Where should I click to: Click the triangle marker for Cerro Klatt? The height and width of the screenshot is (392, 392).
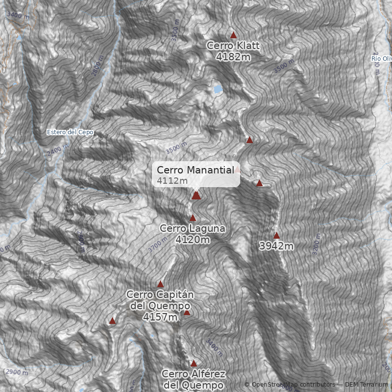tap(233, 35)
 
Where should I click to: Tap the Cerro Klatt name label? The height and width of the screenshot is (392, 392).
tap(233, 46)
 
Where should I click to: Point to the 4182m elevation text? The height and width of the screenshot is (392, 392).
tap(233, 56)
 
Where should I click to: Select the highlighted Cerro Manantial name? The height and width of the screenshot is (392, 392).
tap(195, 170)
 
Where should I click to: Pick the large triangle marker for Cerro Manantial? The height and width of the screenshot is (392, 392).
tap(196, 196)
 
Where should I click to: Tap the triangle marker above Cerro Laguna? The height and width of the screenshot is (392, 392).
tap(193, 218)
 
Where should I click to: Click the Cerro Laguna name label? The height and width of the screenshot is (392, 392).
tap(193, 228)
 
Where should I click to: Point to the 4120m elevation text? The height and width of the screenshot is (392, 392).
tap(193, 240)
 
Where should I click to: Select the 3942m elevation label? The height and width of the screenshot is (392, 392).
tap(276, 246)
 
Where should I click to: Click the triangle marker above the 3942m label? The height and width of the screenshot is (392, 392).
tap(276, 235)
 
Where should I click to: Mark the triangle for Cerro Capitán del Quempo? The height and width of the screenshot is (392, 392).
tap(160, 284)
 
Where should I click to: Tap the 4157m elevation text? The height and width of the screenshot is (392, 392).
tap(160, 317)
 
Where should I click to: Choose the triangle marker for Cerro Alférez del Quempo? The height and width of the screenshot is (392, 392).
tap(194, 364)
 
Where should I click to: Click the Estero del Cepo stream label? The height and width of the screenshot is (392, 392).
tap(70, 132)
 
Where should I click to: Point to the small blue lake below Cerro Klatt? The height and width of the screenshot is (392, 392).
tap(217, 89)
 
